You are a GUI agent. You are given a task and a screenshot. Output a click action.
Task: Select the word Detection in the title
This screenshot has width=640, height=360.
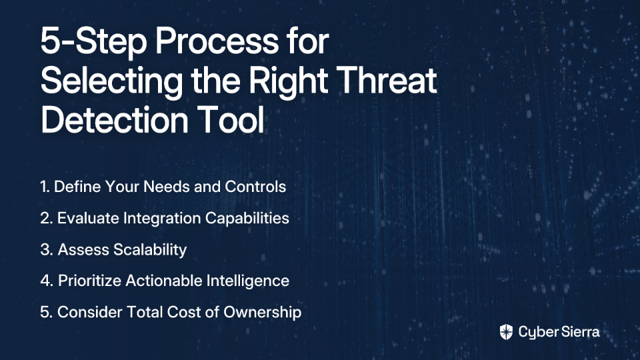(114, 119)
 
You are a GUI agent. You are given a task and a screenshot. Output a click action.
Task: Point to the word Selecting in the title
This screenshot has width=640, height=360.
(112, 81)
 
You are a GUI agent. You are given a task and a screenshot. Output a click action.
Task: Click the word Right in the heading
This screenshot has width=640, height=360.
(288, 81)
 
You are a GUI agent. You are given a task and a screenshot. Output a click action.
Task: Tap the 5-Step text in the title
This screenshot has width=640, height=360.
(93, 41)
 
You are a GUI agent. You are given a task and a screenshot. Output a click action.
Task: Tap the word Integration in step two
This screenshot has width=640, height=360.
(162, 219)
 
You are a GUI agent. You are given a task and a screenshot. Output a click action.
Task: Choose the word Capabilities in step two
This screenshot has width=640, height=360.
(247, 219)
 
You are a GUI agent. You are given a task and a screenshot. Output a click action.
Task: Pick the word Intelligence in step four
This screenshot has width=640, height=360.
(248, 281)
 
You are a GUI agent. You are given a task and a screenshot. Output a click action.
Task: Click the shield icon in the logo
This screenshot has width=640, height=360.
(506, 332)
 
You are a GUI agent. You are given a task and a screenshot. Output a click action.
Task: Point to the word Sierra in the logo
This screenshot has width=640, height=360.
(579, 332)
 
